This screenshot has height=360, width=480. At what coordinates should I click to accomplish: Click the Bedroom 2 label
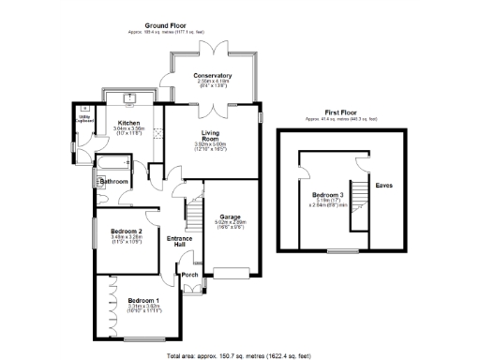pyautogui.click(x=126, y=231)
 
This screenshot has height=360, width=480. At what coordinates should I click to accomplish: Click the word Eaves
pyautogui.click(x=384, y=185)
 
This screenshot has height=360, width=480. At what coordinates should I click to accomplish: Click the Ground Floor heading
pyautogui.click(x=165, y=25)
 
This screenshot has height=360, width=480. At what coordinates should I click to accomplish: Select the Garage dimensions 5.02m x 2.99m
pyautogui.click(x=232, y=223)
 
